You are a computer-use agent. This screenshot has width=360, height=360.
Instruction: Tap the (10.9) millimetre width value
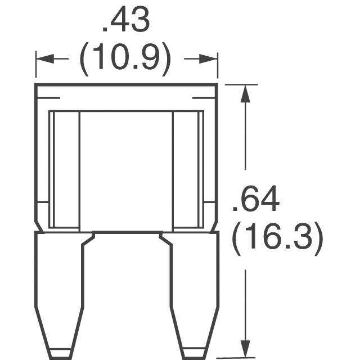click(125, 58)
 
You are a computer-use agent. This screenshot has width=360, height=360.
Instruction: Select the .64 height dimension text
click(256, 199)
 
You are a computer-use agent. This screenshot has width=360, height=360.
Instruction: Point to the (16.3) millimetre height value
click(277, 238)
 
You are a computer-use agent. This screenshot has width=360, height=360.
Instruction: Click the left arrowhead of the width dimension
click(45, 58)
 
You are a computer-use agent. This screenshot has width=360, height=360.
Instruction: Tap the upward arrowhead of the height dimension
click(245, 93)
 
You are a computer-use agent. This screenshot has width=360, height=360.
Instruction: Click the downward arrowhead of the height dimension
click(245, 349)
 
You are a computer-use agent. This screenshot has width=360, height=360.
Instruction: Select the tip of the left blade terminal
click(61, 358)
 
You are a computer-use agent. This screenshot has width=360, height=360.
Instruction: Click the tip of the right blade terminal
click(194, 358)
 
